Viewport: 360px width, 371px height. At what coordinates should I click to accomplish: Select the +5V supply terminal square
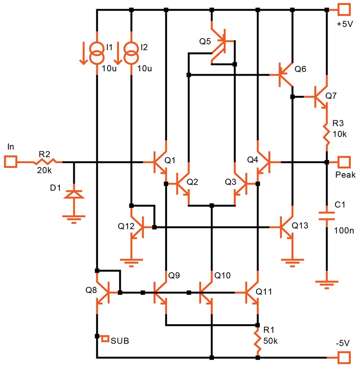[343, 9]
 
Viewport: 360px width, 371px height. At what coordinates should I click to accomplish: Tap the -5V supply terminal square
[343, 358]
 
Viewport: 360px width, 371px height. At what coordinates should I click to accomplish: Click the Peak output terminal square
[343, 162]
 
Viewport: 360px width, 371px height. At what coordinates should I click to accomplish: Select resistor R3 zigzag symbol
[327, 134]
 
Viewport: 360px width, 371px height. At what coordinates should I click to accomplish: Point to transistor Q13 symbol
[287, 227]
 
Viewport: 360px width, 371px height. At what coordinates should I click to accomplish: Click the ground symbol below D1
[73, 218]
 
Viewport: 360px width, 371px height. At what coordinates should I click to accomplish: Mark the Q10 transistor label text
[222, 275]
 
